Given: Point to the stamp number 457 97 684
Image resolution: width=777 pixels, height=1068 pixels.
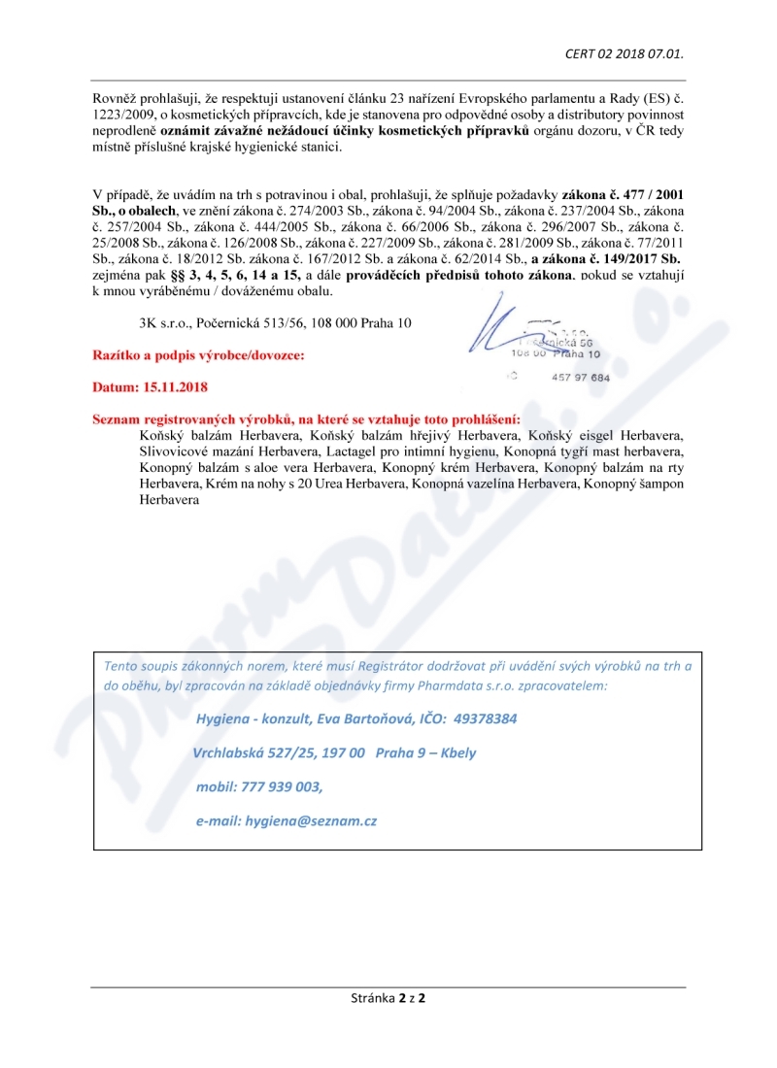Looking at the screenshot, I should [x=580, y=377].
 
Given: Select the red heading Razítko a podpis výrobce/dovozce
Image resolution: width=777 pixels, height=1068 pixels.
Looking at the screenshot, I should [x=198, y=355].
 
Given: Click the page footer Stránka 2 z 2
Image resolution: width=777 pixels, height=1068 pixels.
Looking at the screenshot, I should [x=388, y=997].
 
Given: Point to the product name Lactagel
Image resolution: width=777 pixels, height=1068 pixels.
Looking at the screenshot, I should [x=355, y=451].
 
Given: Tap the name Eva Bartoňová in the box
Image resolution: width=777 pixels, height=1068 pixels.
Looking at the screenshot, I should [x=366, y=719].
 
